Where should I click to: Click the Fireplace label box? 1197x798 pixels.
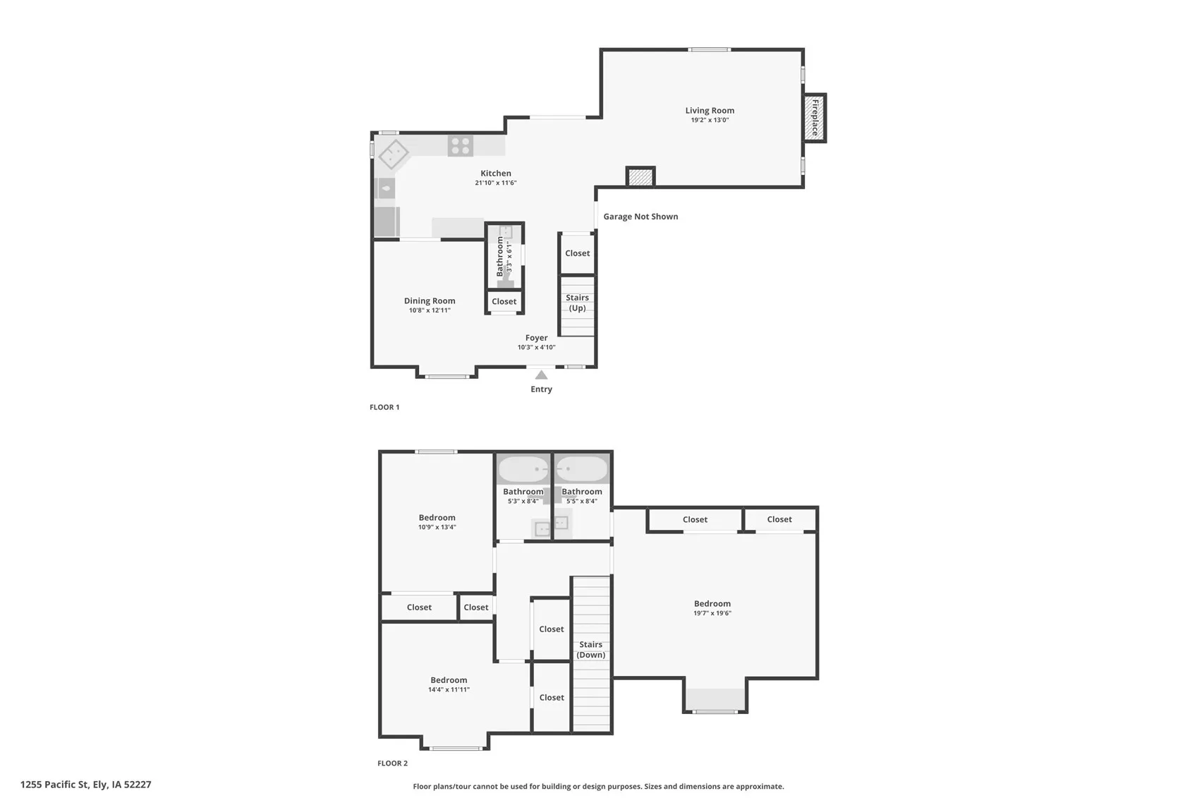pos(815,118)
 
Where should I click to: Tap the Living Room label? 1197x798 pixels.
pos(710,110)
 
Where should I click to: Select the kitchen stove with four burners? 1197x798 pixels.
pos(461,146)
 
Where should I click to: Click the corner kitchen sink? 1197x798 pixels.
pos(393,154)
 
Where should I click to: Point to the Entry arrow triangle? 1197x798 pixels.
pos(541,375)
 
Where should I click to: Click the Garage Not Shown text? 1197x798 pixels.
pos(640,217)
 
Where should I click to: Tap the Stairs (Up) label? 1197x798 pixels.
pos(577,303)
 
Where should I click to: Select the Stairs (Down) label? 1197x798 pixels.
pos(590,649)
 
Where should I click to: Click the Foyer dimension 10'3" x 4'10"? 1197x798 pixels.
pos(536,347)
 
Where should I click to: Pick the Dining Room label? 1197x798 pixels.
pos(430,301)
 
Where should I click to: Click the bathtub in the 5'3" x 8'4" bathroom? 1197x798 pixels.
pos(523,469)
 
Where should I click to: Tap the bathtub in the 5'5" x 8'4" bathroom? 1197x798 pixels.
pos(581,469)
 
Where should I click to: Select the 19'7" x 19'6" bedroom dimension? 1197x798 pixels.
pos(712,613)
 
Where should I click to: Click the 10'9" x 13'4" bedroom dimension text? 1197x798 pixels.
pos(437,527)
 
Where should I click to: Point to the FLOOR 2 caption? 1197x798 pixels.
pos(392,763)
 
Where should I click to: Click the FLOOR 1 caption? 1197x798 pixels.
pos(384,407)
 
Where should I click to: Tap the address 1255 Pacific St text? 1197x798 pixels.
pos(85,784)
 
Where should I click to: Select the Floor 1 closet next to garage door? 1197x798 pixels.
pos(577,253)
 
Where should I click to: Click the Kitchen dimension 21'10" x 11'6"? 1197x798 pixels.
pos(495,183)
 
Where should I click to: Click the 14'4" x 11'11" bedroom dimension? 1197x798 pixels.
pos(449,689)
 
